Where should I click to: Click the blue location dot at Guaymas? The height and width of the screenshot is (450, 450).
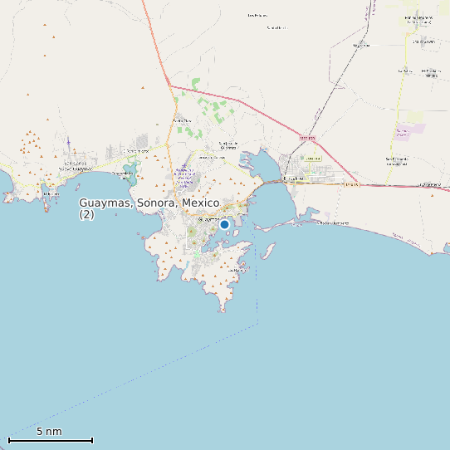(x=224, y=224)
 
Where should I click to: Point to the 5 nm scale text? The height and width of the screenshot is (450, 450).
(x=49, y=432)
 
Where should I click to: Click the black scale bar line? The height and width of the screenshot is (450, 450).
(x=50, y=440)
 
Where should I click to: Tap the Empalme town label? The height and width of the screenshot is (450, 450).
(x=294, y=178)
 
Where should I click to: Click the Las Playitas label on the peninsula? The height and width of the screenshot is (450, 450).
(x=238, y=270)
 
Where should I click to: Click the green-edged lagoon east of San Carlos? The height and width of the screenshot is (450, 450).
(x=129, y=173)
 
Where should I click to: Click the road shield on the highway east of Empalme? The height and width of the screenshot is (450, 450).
(x=352, y=185)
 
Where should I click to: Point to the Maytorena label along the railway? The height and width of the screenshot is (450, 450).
(x=361, y=45)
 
